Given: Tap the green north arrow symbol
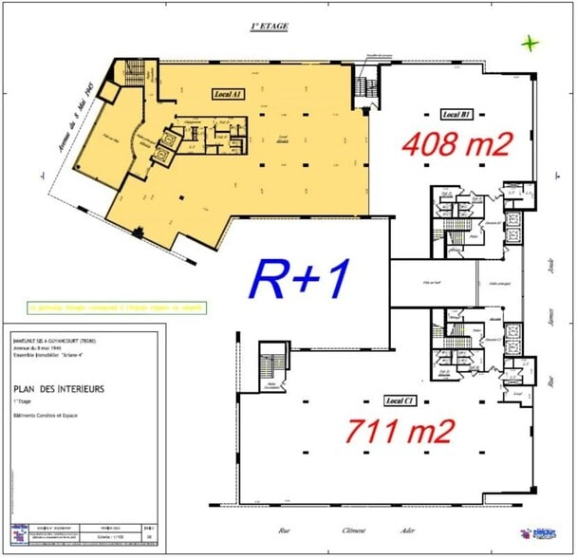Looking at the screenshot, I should click(530, 43).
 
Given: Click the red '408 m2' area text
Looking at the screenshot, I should click(456, 145).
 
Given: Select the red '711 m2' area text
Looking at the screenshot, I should click(400, 432).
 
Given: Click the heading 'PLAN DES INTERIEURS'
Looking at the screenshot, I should click(59, 388).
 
